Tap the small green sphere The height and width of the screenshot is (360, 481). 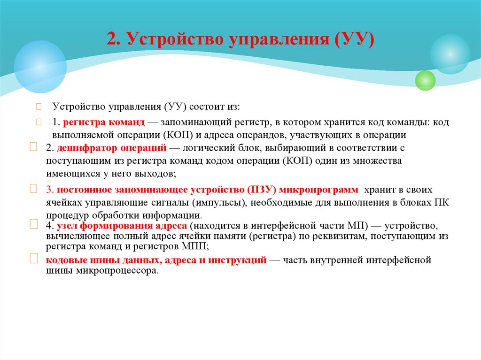pos(426,80)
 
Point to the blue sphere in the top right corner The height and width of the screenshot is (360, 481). pos(450,54)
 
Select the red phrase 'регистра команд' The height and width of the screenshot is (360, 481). pos(104,123)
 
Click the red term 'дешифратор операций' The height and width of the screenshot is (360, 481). pos(112,148)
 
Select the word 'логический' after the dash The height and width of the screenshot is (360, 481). pos(205,148)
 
